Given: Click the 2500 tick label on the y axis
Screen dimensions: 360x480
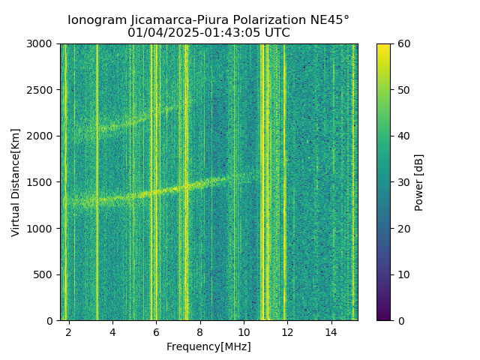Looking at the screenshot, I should pyautogui.click(x=42, y=90).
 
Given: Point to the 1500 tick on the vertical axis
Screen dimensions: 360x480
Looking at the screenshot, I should pyautogui.click(x=42, y=182).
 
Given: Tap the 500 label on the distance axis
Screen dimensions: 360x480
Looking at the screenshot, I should pyautogui.click(x=44, y=274).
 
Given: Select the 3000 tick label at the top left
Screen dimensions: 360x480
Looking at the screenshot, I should pyautogui.click(x=42, y=44).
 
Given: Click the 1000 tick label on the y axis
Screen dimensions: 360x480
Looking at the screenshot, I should pyautogui.click(x=42, y=229).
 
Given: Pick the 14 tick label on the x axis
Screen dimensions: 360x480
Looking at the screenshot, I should pyautogui.click(x=331, y=331).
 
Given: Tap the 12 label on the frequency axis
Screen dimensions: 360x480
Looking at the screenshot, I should pyautogui.click(x=287, y=331).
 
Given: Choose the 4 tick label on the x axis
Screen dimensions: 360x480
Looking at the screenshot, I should pyautogui.click(x=112, y=331).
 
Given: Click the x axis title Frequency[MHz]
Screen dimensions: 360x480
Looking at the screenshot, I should pyautogui.click(x=208, y=346).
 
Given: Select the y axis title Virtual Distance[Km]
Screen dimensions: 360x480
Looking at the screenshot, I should pyautogui.click(x=16, y=182).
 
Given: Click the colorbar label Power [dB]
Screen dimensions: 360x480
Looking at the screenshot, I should pyautogui.click(x=419, y=182).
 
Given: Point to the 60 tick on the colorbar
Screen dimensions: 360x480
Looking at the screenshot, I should pyautogui.click(x=403, y=44).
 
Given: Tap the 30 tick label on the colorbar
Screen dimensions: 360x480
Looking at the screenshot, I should pyautogui.click(x=403, y=182).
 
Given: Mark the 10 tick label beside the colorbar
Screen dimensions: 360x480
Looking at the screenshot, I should pyautogui.click(x=403, y=274).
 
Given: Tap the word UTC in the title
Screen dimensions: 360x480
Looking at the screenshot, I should pyautogui.click(x=277, y=33).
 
